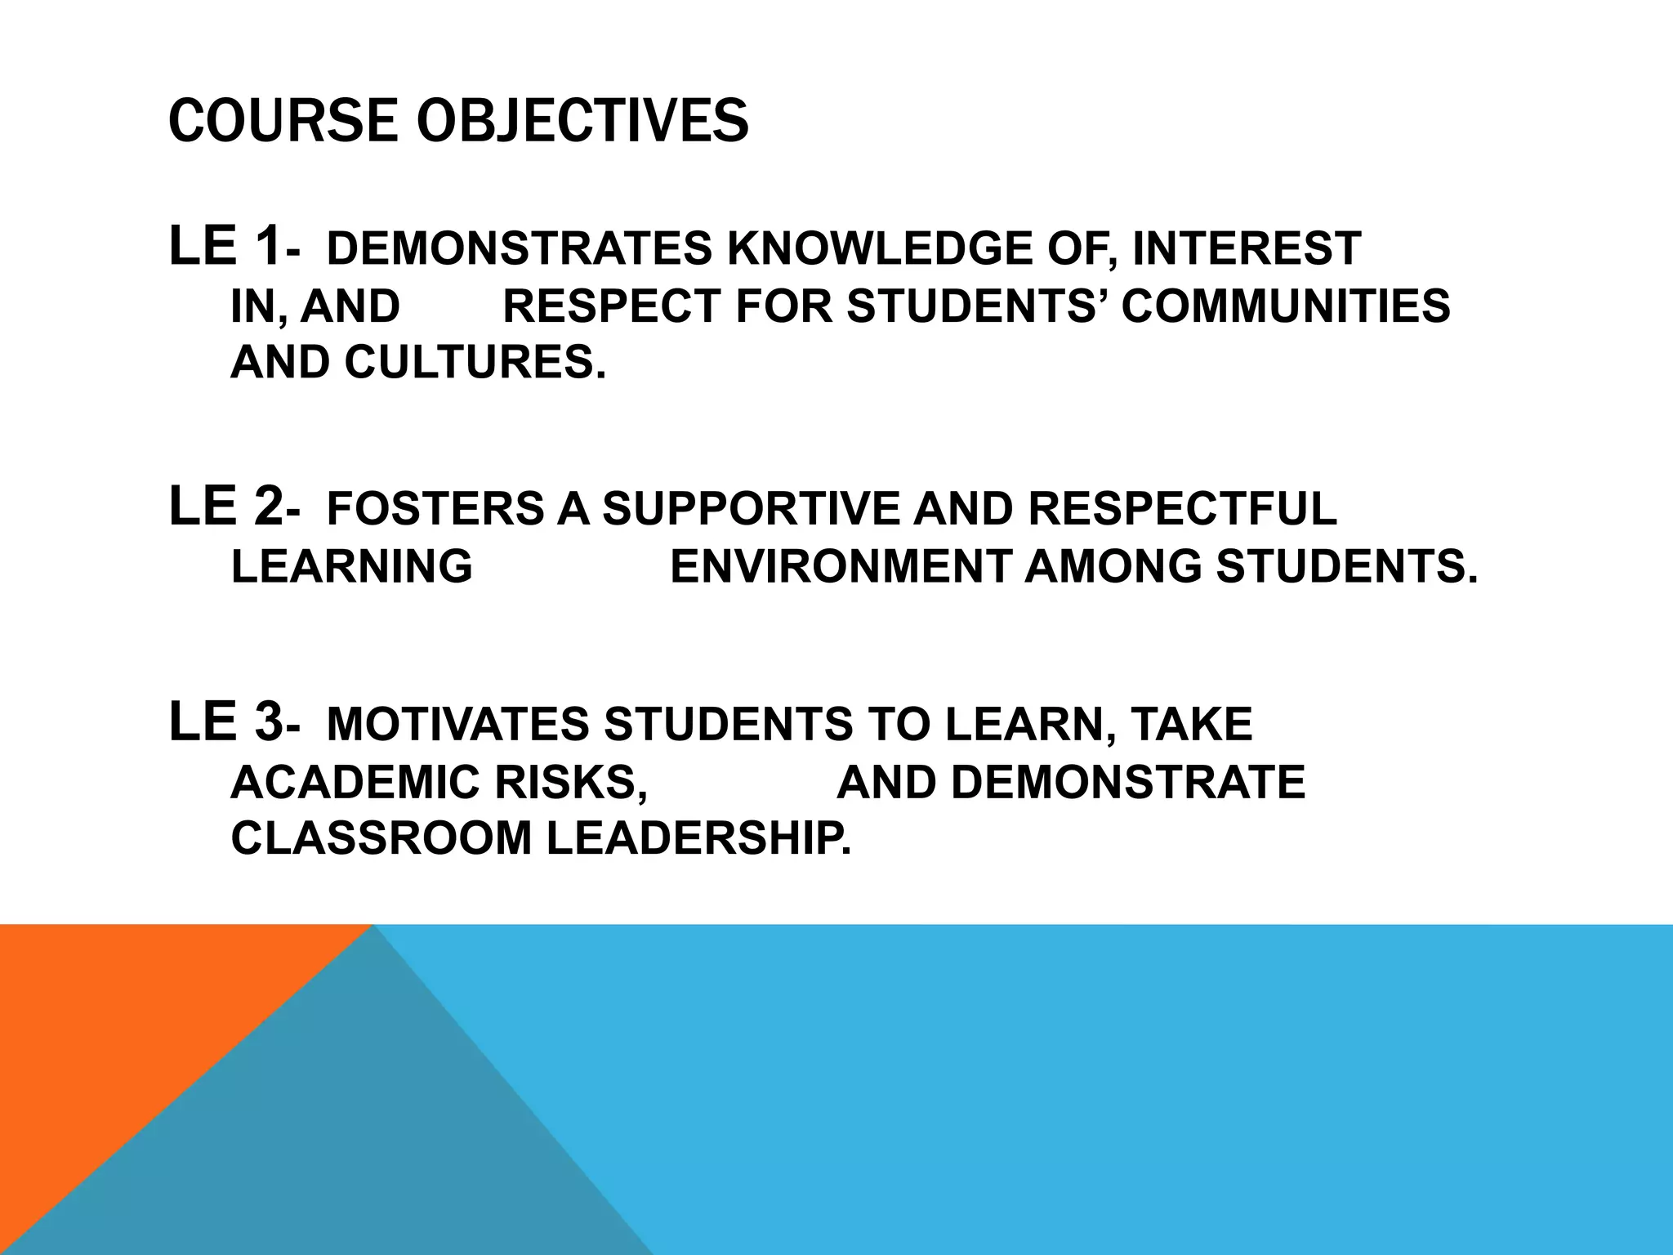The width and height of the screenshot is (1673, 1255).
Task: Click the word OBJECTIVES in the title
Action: pyautogui.click(x=582, y=121)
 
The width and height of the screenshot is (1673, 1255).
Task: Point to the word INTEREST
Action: pyautogui.click(x=1247, y=248)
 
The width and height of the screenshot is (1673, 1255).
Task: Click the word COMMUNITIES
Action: pyautogui.click(x=1286, y=306)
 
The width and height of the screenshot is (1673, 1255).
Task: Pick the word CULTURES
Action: pyautogui.click(x=475, y=362)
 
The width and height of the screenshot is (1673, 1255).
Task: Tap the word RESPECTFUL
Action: pyautogui.click(x=1182, y=508)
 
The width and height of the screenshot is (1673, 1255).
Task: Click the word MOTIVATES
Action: pyautogui.click(x=457, y=725)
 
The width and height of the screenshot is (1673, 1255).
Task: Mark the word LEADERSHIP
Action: pyautogui.click(x=698, y=838)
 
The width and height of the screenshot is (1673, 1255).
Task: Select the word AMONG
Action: pyautogui.click(x=1113, y=566)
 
